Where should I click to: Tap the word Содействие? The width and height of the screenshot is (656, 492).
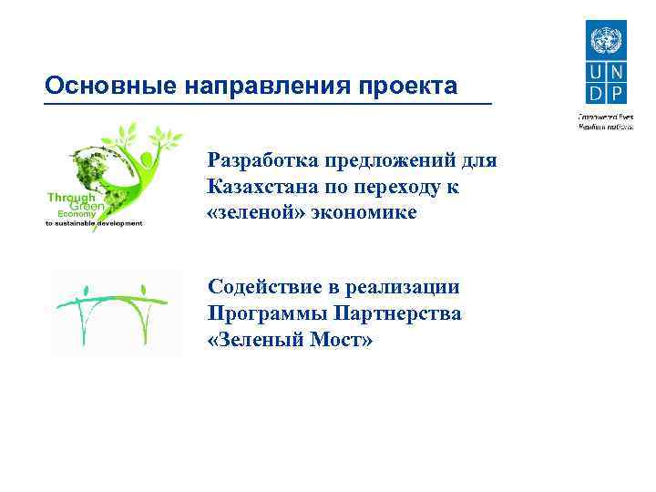264,288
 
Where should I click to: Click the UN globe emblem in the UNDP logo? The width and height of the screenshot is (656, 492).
602,42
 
